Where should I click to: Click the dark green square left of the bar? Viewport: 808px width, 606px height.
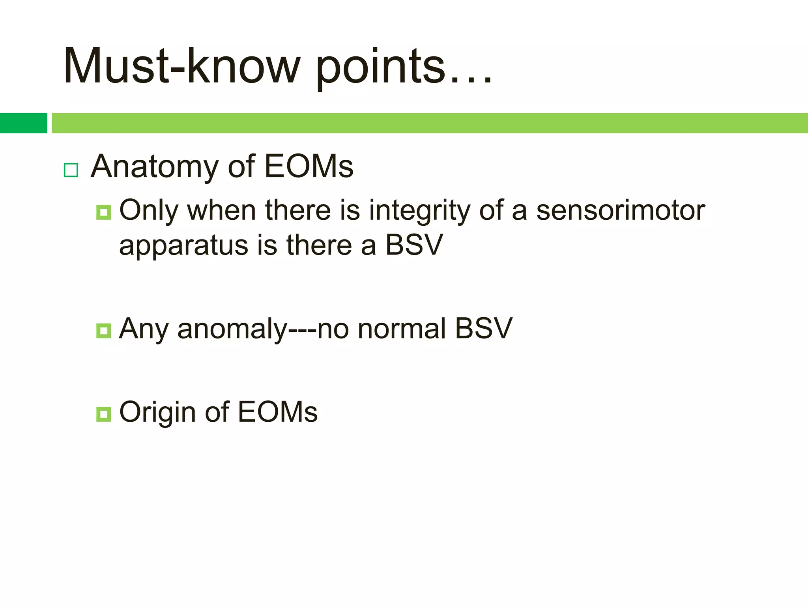click(x=23, y=123)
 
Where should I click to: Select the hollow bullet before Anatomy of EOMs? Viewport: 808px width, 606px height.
click(x=71, y=170)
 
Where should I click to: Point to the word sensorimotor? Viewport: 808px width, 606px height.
click(x=621, y=210)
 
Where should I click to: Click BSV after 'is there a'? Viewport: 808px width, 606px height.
click(x=414, y=245)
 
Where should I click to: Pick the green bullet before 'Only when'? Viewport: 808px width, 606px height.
click(x=104, y=213)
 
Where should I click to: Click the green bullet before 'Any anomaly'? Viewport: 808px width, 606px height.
click(x=104, y=331)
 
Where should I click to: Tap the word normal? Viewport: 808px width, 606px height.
click(x=402, y=329)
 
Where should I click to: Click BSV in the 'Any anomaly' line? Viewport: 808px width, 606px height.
click(x=484, y=329)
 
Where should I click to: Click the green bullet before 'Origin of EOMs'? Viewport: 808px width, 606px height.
click(x=104, y=414)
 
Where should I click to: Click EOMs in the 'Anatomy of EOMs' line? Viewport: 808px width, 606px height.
click(x=309, y=166)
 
